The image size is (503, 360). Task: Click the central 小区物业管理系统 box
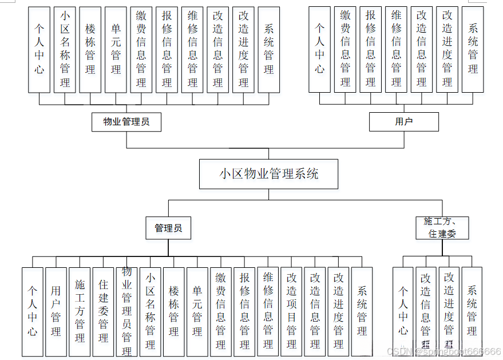point(268,174)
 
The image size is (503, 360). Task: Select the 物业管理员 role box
point(126,122)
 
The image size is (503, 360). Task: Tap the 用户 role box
point(403,122)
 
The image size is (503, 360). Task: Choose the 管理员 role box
point(168,228)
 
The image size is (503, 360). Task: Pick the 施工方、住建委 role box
point(442,228)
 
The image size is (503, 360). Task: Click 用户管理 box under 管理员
point(56,312)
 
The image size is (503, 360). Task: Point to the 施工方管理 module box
point(80,312)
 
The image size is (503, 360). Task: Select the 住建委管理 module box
point(103,312)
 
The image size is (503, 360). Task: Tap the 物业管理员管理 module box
point(126,312)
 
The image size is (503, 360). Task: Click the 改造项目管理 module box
point(291,312)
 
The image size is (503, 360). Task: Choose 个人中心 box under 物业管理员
point(39,50)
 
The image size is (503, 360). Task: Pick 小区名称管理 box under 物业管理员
point(65,50)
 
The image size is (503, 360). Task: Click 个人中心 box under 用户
point(320,50)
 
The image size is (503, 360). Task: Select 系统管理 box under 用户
point(473,50)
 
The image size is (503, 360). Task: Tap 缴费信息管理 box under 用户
point(345,50)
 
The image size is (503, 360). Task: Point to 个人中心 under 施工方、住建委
point(403,312)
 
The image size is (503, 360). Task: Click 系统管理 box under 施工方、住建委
point(472,312)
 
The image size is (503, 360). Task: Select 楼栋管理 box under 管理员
point(174,312)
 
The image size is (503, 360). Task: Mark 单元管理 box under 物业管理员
point(116,50)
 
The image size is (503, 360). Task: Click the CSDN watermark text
point(443,351)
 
